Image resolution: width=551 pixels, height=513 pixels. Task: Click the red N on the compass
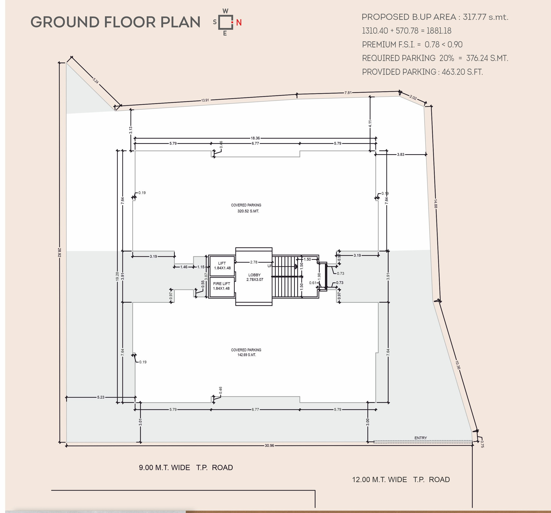coord(239,23)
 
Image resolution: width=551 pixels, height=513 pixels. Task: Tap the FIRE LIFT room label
coord(221,284)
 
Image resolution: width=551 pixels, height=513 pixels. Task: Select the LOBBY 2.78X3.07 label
coord(254,277)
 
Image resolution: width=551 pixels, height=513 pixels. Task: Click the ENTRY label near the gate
coord(421,438)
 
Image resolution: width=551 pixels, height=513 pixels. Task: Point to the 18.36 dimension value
coord(255,138)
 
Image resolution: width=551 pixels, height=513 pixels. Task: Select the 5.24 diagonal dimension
coord(96,81)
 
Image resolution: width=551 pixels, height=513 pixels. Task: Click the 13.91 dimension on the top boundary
coord(205,100)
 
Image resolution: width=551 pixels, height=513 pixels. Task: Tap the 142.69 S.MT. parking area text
coord(247,355)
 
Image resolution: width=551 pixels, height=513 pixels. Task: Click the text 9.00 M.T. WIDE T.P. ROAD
coord(186,467)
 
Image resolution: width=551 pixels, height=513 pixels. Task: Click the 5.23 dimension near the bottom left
coord(101,397)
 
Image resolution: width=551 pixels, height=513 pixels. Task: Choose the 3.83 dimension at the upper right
coord(401,155)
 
